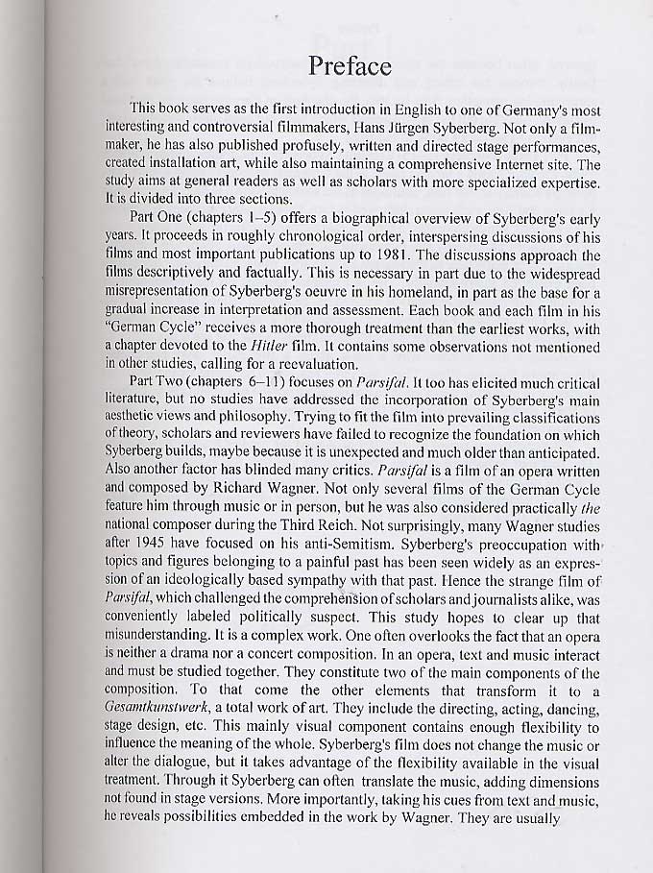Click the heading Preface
coord(350,66)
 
